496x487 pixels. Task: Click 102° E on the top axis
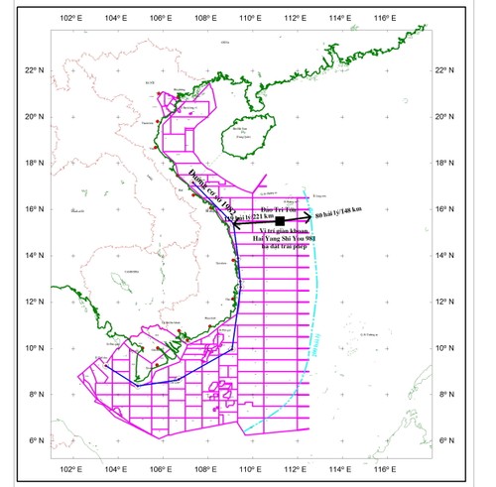pos(69,19)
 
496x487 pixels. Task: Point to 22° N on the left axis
pos(32,70)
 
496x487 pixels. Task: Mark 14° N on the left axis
pos(32,256)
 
